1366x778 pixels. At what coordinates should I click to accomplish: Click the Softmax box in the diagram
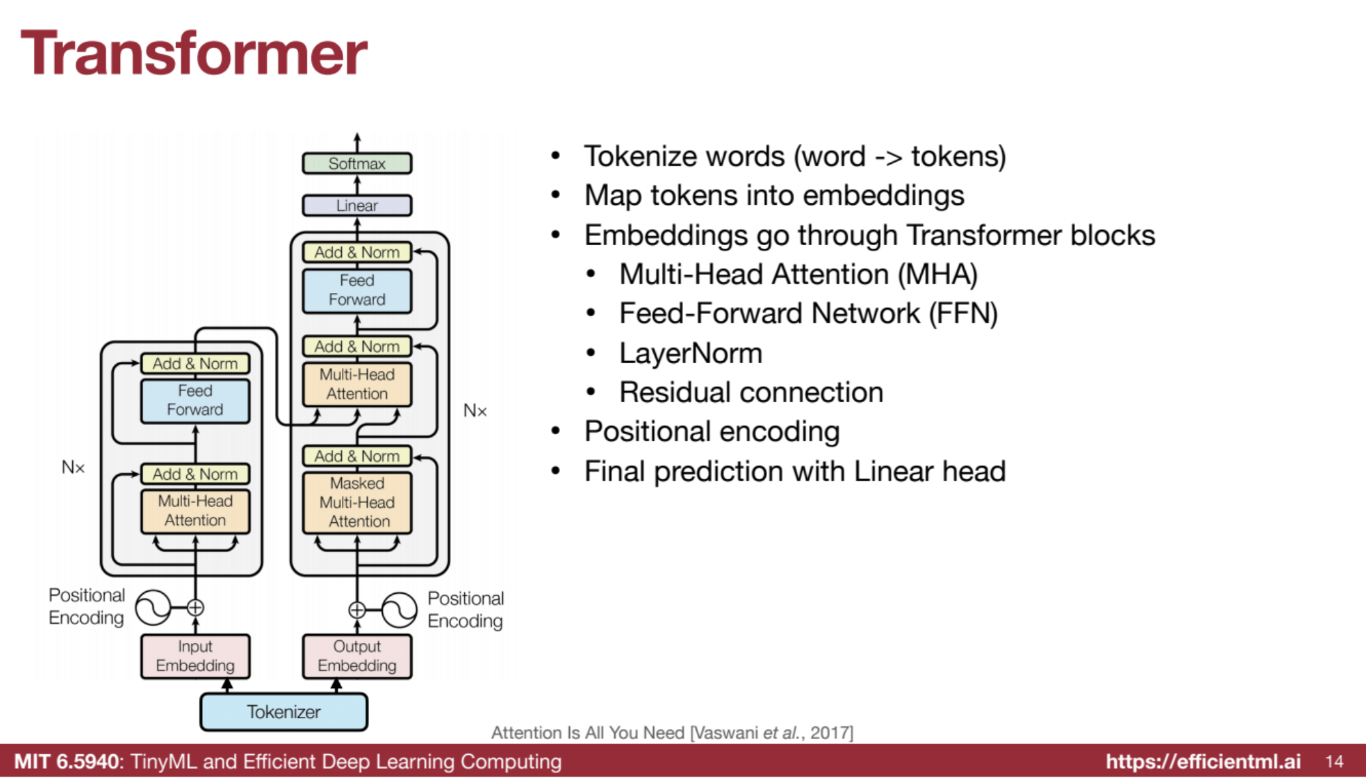click(x=356, y=164)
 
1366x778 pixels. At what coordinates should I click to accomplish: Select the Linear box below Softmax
click(x=356, y=205)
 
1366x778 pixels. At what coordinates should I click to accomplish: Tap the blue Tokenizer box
click(x=284, y=712)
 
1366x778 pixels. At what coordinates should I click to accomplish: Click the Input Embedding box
click(x=195, y=656)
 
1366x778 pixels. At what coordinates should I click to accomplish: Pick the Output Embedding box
click(x=357, y=656)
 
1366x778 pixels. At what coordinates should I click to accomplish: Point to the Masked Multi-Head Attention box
click(x=357, y=502)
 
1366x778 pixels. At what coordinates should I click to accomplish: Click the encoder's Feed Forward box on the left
click(x=195, y=400)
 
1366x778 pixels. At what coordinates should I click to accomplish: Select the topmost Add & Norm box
click(x=356, y=252)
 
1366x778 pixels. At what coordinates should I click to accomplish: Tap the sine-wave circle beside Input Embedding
click(x=153, y=608)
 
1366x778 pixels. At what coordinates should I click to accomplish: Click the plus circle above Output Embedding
click(x=357, y=610)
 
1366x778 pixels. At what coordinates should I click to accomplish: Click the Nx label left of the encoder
click(x=73, y=468)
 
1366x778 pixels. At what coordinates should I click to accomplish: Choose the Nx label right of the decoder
click(x=475, y=411)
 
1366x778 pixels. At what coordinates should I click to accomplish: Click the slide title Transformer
click(x=194, y=53)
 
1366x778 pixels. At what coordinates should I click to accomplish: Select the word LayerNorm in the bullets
click(x=690, y=353)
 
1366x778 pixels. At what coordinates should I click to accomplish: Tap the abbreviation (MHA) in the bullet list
click(x=937, y=274)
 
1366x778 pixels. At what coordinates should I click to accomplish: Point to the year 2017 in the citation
click(x=831, y=732)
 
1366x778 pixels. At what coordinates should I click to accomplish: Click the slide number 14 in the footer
click(x=1334, y=761)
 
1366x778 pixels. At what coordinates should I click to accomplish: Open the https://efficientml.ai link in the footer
click(x=1203, y=761)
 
